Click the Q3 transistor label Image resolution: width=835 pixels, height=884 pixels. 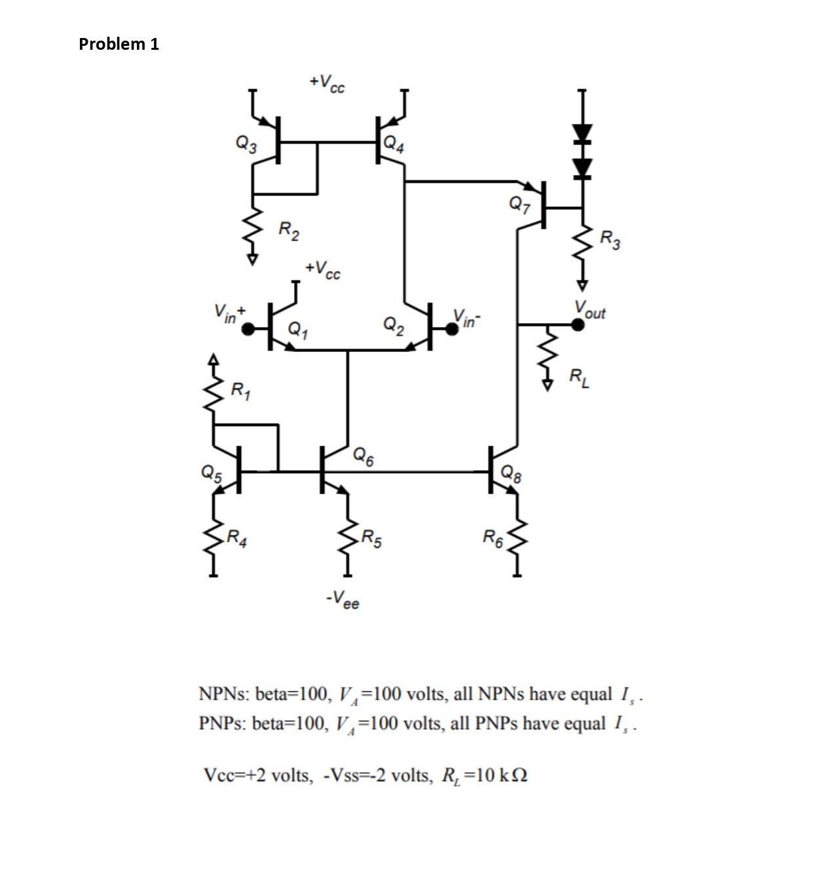[x=246, y=143]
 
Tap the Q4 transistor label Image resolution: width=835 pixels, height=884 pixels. [x=394, y=144]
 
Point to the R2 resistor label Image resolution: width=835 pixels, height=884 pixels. [x=289, y=231]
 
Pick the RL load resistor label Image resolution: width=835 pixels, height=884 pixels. [x=579, y=378]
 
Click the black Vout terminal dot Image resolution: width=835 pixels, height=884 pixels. [x=578, y=324]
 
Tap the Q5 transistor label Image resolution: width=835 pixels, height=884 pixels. [x=212, y=472]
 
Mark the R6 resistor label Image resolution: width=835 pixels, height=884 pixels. [x=493, y=539]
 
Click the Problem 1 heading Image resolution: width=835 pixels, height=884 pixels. [x=119, y=44]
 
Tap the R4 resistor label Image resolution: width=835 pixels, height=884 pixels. [x=236, y=541]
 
